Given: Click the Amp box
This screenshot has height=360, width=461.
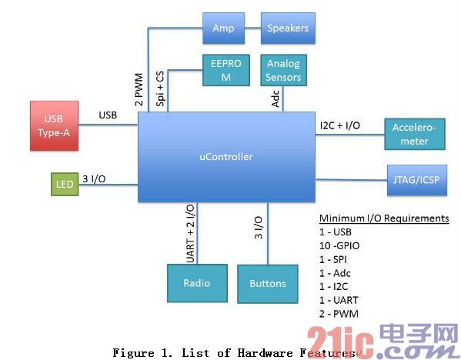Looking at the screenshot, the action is (223, 28).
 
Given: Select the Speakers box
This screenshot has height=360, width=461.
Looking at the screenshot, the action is (288, 28).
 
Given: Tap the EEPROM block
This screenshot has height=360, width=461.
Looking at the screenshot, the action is (226, 70).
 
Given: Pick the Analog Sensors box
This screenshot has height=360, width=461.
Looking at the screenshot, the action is (283, 70).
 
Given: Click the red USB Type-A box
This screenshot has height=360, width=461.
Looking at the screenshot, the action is (54, 126).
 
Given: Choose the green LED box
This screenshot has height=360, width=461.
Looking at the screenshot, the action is (65, 185).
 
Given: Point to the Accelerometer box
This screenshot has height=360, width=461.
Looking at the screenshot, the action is (415, 135).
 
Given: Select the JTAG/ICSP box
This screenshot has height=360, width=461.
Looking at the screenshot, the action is (417, 180).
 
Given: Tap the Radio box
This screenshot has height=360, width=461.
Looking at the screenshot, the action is (197, 283).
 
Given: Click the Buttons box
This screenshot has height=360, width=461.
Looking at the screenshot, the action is (268, 284).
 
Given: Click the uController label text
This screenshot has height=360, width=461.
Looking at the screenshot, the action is (226, 157).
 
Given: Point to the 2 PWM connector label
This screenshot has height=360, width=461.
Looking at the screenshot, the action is (139, 89).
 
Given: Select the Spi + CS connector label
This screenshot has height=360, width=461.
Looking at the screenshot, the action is (160, 88).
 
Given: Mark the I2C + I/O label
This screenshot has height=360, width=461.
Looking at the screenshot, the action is (340, 126).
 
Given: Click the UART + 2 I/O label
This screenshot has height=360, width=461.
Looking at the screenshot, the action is (191, 234).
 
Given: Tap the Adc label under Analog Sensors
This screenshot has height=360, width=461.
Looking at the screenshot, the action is (276, 98).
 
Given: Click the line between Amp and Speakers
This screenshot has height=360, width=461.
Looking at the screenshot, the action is (253, 28).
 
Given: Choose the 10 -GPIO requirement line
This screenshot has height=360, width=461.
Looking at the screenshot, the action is (339, 245).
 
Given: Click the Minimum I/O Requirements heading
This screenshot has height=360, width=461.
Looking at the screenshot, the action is (384, 218).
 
